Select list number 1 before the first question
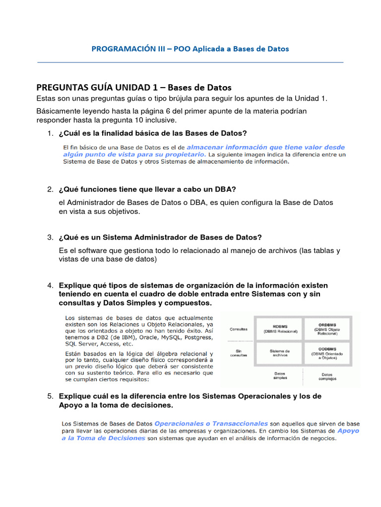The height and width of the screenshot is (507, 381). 50,134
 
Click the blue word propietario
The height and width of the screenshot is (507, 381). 179,154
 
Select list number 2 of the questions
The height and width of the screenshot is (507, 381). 50,190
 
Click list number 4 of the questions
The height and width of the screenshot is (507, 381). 50,286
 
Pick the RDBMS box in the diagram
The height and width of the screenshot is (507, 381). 277,329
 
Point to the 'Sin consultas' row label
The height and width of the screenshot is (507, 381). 239,353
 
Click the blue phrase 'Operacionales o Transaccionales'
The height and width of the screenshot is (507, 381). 211,423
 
